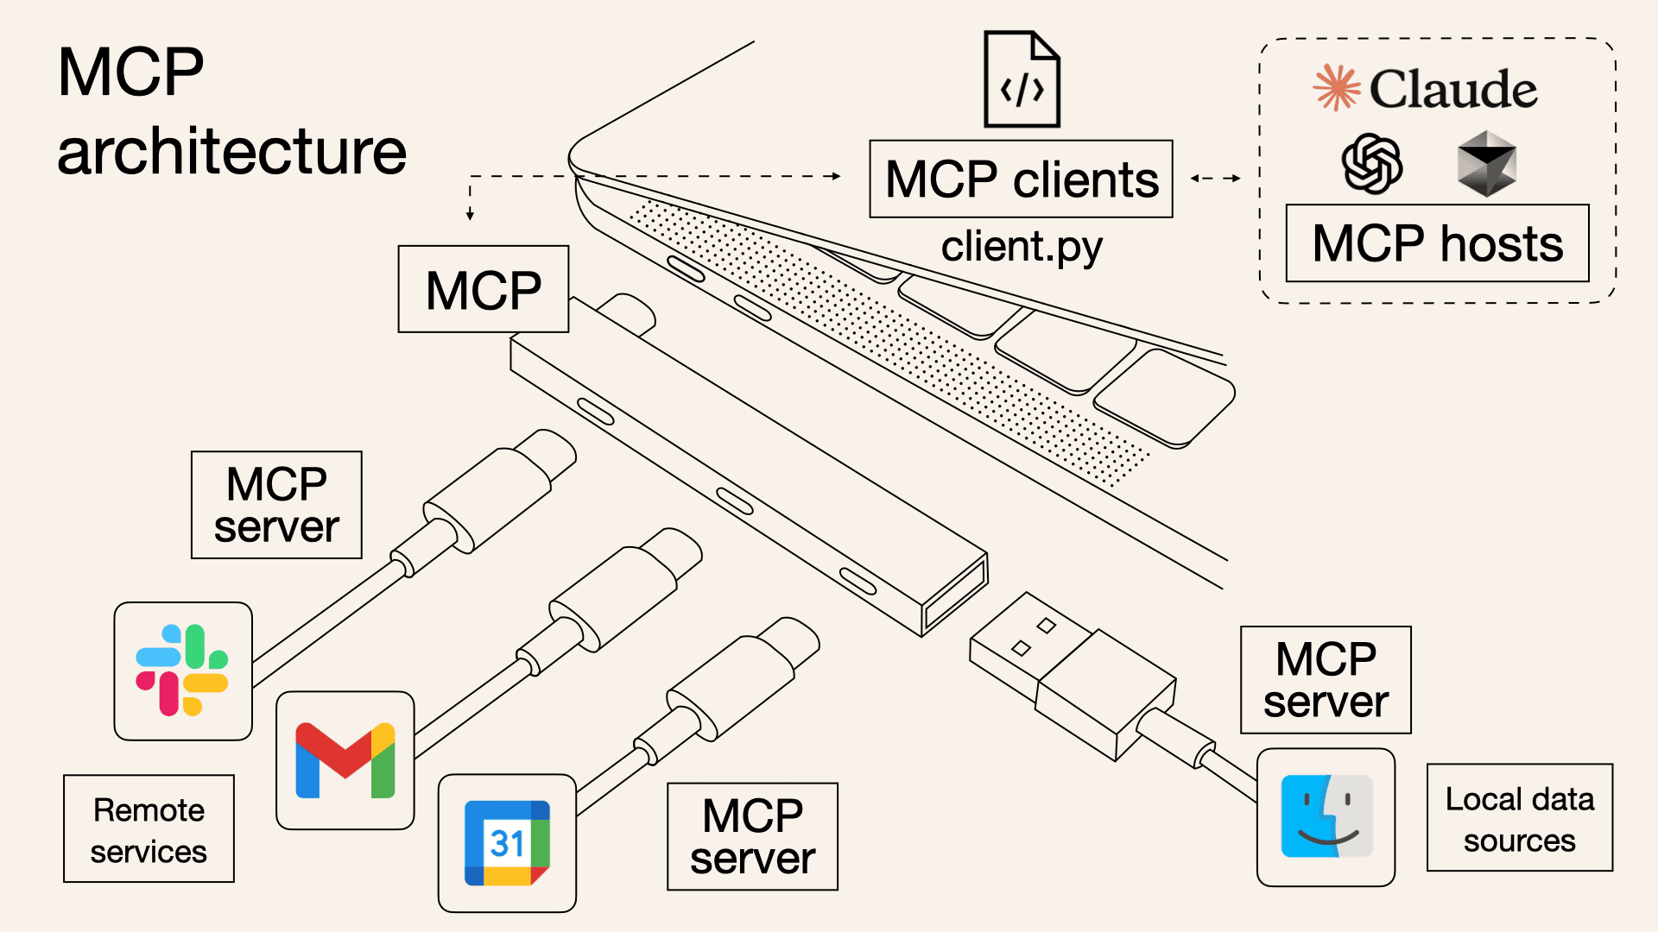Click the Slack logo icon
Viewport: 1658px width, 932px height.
tap(182, 671)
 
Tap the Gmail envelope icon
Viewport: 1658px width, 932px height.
tap(345, 760)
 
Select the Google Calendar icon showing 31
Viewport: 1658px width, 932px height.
tap(507, 843)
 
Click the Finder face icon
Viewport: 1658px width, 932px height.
tap(1326, 816)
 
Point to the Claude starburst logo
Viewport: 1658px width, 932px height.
tap(1336, 88)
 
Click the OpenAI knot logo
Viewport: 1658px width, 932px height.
tap(1371, 164)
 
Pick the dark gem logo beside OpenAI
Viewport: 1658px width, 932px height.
tap(1486, 163)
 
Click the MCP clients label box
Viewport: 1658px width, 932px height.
tap(1021, 179)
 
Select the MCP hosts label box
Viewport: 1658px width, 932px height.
tap(1437, 243)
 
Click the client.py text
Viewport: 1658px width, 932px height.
tap(1021, 248)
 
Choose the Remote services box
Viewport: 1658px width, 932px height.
tap(149, 829)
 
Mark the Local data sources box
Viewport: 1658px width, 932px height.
tap(1519, 818)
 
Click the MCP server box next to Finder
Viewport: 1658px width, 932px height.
tap(1326, 680)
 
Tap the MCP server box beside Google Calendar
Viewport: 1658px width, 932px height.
tap(752, 836)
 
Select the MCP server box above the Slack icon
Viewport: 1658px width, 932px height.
tap(276, 505)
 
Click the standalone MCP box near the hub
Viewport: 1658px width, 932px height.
tap(483, 289)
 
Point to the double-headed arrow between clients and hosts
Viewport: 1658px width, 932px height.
tap(1215, 179)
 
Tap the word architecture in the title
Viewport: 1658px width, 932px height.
tap(231, 152)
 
